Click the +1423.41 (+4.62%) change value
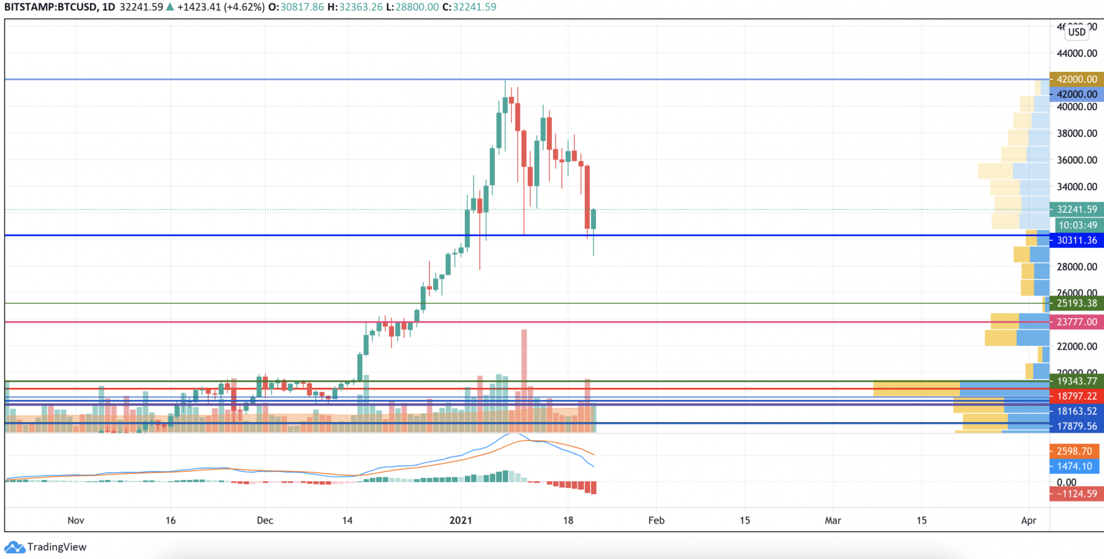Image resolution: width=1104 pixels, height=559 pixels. pyautogui.click(x=221, y=7)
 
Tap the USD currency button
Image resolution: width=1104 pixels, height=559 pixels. pyautogui.click(x=1076, y=32)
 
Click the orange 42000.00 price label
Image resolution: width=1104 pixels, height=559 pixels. pyautogui.click(x=1076, y=79)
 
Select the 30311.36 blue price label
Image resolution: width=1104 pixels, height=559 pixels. pyautogui.click(x=1076, y=240)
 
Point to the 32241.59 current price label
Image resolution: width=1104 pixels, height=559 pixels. pyautogui.click(x=1076, y=209)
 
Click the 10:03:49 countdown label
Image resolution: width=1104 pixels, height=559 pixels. pyautogui.click(x=1078, y=225)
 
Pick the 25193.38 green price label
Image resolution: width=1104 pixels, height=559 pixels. pyautogui.click(x=1076, y=303)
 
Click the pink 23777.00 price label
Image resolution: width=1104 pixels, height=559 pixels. pyautogui.click(x=1076, y=322)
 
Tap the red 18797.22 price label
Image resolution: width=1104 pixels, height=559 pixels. pyautogui.click(x=1076, y=396)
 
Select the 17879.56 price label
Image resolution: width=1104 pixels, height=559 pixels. pyautogui.click(x=1076, y=426)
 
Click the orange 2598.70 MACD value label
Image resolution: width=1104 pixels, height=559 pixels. pyautogui.click(x=1074, y=451)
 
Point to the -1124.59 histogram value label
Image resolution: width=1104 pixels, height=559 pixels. pyautogui.click(x=1076, y=494)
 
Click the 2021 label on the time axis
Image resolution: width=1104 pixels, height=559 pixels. pyautogui.click(x=460, y=520)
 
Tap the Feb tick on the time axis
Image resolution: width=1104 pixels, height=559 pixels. pyautogui.click(x=656, y=520)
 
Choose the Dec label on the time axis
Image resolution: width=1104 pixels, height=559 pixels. pyautogui.click(x=265, y=520)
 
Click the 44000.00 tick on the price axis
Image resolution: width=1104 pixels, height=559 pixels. pyautogui.click(x=1076, y=54)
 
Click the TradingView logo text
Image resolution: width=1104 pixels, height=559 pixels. pyautogui.click(x=56, y=547)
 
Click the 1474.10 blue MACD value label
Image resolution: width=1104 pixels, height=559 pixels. pyautogui.click(x=1074, y=466)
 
